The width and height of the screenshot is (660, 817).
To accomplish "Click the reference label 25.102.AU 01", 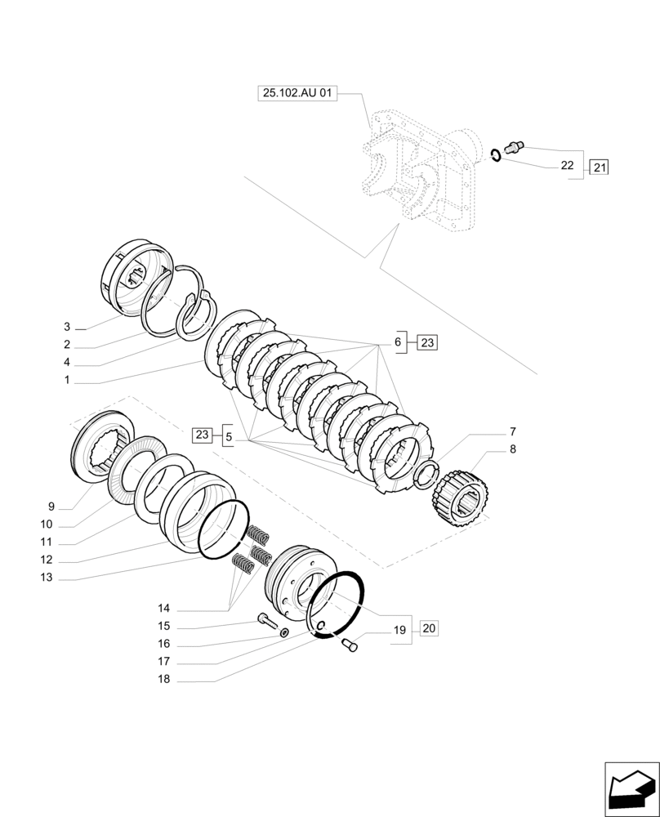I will [x=297, y=95].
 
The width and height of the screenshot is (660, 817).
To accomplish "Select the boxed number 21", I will [x=599, y=167].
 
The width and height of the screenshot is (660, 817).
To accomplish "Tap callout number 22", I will [x=567, y=165].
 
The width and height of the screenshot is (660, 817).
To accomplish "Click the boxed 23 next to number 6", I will [x=427, y=342].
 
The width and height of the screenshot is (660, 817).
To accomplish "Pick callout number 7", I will [x=512, y=431].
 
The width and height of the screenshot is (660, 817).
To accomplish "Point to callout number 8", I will [x=512, y=449].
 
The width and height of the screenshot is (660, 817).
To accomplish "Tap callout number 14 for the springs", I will [x=164, y=609].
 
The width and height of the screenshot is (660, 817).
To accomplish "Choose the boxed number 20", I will [x=430, y=628].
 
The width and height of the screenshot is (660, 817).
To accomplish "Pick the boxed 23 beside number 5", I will [x=203, y=435].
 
